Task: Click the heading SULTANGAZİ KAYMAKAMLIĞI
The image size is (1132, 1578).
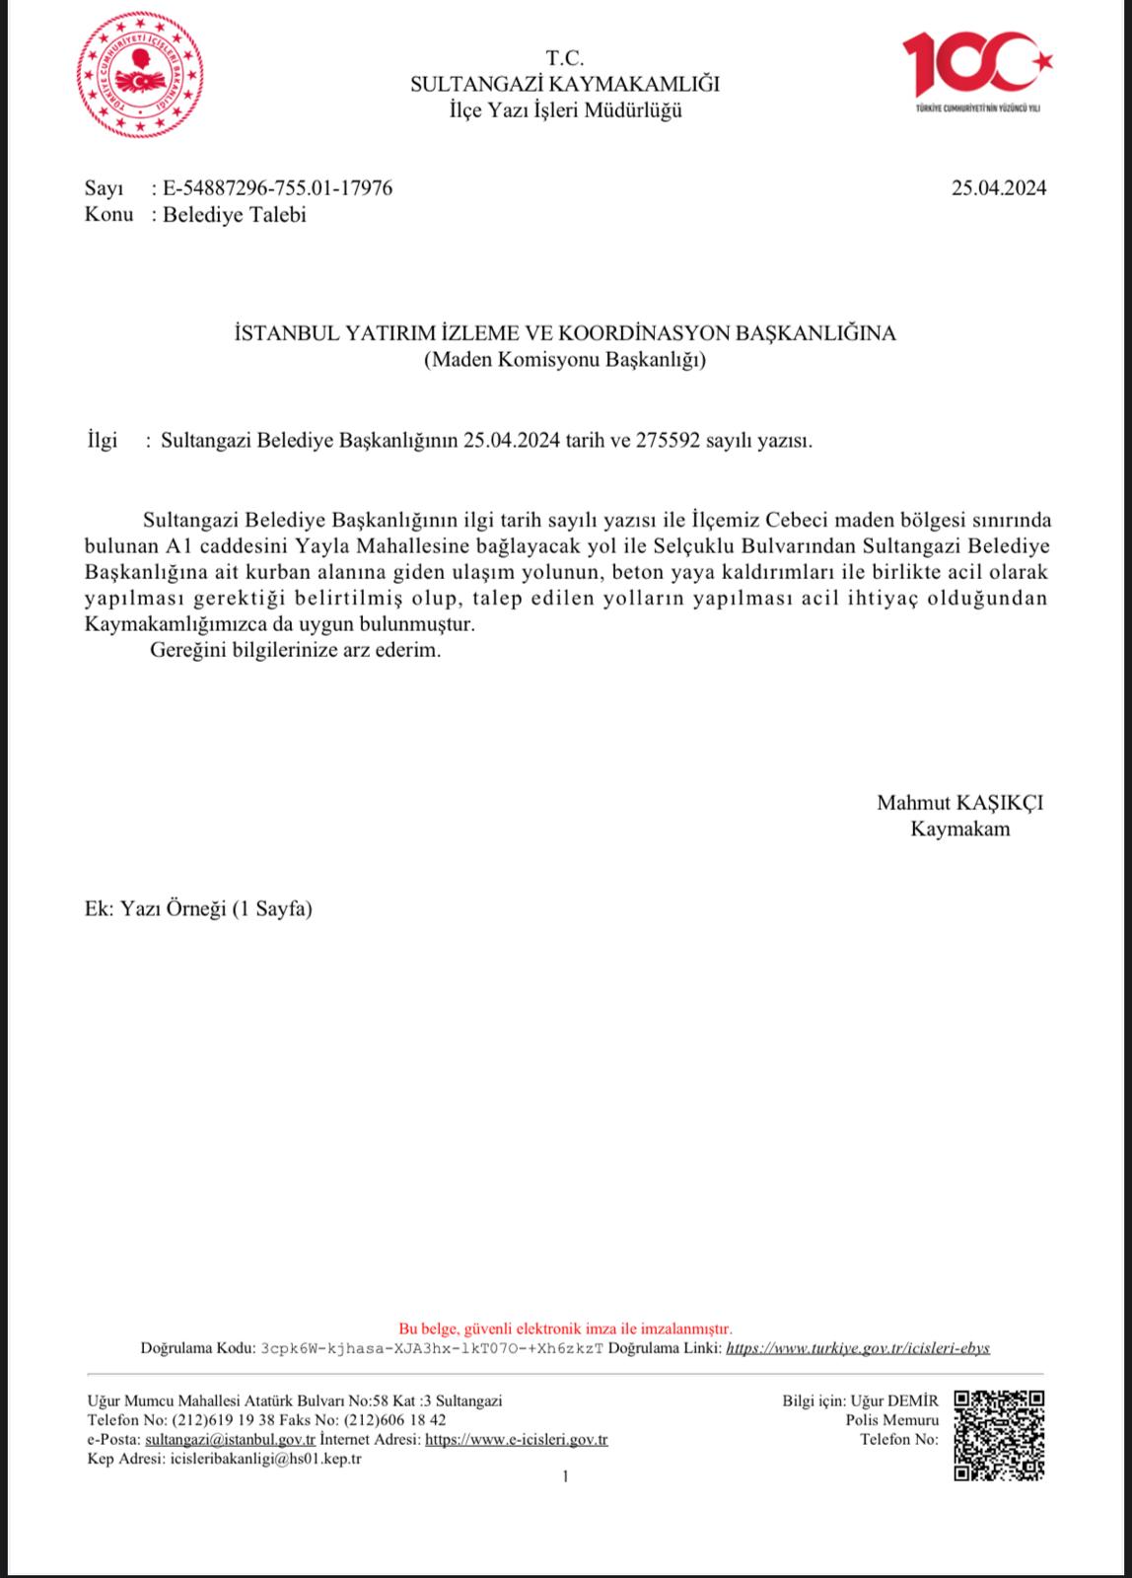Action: (565, 84)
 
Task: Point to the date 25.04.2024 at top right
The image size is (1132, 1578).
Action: (998, 187)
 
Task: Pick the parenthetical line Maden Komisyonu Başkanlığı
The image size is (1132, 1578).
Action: (565, 360)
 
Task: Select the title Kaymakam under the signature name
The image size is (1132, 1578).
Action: (959, 828)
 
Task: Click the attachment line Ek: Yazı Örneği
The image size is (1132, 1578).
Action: (199, 908)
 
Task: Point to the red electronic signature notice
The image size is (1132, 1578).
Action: (565, 1328)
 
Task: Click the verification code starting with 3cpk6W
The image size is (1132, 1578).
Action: (431, 1347)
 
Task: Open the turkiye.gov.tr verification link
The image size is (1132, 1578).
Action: (858, 1347)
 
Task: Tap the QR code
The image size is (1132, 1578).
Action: (998, 1434)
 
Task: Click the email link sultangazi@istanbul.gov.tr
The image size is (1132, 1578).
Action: (230, 1439)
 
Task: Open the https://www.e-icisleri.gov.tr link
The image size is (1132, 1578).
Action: (516, 1439)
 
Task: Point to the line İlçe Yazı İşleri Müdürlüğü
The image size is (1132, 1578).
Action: (565, 109)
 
